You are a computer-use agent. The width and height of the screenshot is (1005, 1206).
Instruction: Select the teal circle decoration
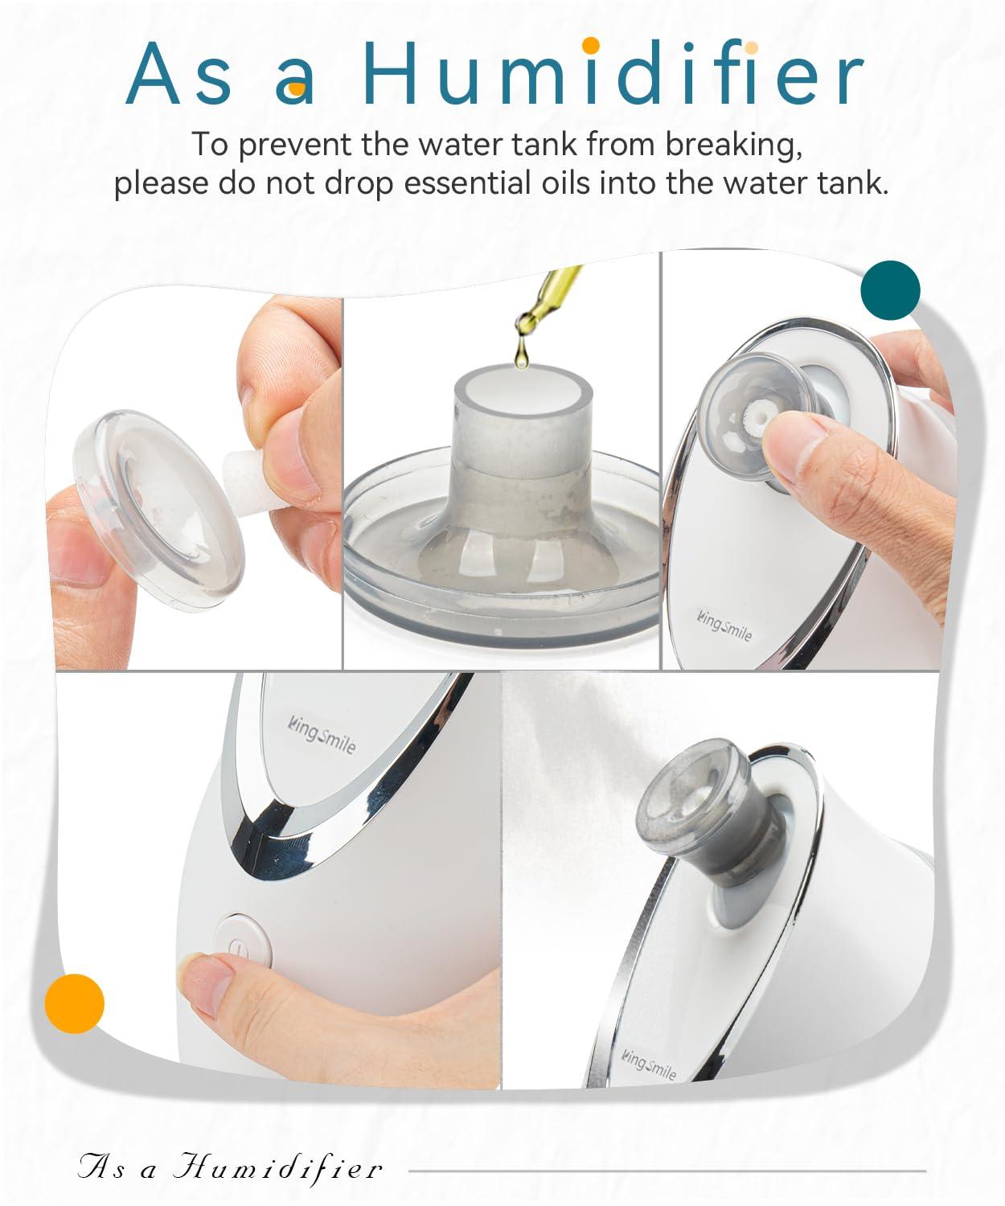890,289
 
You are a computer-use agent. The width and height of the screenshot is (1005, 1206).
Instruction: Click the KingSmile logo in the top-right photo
724,625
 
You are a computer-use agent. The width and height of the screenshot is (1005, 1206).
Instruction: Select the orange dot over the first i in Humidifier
591,43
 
